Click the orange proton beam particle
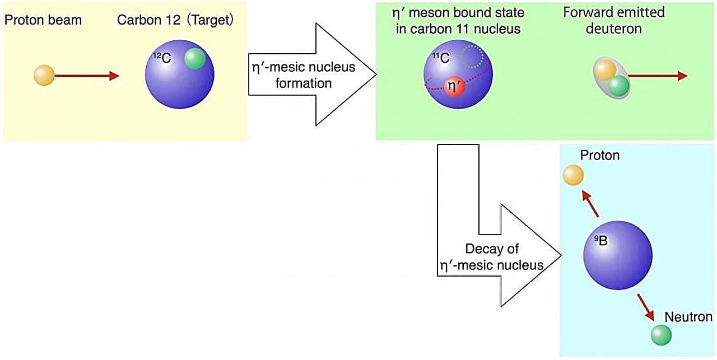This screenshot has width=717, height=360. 44,76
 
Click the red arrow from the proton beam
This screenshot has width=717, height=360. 87,76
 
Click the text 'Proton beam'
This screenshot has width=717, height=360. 43,21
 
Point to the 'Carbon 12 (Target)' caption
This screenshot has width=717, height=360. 175,21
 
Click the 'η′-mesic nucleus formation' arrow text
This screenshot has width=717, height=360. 303,75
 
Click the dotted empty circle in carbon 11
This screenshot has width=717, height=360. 474,56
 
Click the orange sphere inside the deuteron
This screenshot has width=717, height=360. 605,70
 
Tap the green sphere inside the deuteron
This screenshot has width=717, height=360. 618,86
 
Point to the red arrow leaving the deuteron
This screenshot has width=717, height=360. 659,76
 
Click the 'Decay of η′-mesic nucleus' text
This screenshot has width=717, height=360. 492,257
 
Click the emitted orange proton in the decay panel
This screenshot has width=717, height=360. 573,176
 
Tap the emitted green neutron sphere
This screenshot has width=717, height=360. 661,335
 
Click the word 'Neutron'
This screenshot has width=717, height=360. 688,317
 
